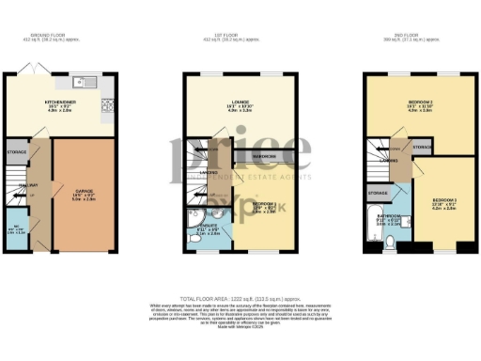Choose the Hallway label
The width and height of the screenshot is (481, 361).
[x=27, y=186]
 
